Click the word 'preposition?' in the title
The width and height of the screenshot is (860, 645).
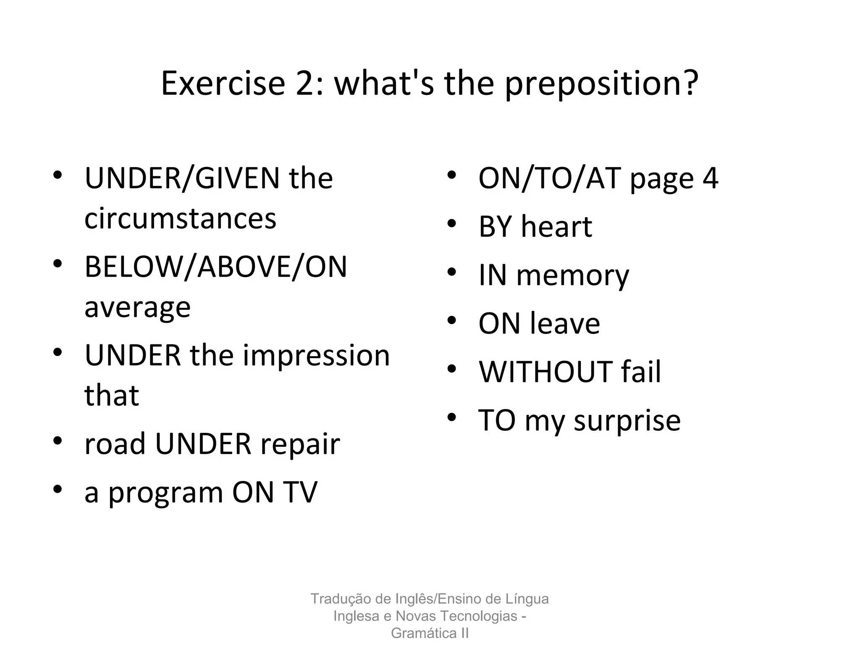click(x=601, y=84)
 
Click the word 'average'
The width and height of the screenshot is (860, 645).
click(x=137, y=308)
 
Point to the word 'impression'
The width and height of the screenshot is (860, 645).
click(x=316, y=355)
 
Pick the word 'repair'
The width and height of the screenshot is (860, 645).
click(x=300, y=444)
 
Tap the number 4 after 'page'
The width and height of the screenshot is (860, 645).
click(x=710, y=178)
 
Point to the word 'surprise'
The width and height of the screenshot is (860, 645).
click(x=627, y=421)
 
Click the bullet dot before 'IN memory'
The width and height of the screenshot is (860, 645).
click(x=451, y=272)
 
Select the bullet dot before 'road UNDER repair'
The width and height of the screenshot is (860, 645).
click(x=58, y=440)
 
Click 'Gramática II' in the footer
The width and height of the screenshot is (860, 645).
click(x=430, y=633)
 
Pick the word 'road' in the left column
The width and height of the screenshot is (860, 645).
click(x=115, y=444)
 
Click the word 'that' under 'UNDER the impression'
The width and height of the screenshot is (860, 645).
click(x=111, y=396)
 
